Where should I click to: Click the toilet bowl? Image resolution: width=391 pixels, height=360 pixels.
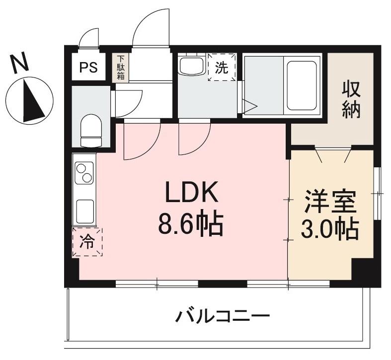(90, 130)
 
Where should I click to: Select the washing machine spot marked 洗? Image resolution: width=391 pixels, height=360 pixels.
(222, 68)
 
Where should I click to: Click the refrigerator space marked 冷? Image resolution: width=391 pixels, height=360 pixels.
(87, 242)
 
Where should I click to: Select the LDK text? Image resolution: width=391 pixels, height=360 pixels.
(192, 194)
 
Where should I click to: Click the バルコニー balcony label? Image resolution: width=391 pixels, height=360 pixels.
(223, 316)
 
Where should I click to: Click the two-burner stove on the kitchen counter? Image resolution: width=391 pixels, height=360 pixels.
(84, 173)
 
